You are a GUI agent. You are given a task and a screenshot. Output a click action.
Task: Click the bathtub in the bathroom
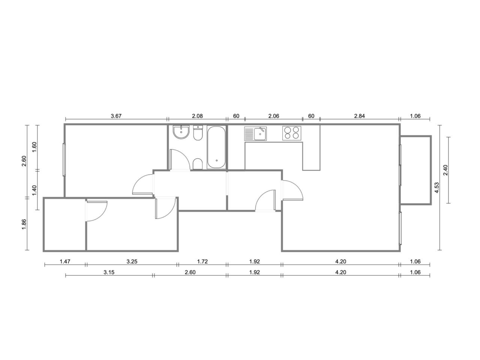216,147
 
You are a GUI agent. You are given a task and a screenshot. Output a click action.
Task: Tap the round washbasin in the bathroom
181,132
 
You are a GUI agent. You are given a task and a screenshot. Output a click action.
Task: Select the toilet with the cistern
198,133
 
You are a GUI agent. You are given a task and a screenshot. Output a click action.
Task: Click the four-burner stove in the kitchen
292,133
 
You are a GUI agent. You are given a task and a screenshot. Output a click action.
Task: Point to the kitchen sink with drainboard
255,133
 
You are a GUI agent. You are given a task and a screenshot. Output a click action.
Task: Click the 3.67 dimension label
116,116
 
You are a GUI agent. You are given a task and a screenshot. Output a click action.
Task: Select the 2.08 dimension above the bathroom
197,116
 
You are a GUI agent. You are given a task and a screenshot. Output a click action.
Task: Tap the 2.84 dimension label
360,116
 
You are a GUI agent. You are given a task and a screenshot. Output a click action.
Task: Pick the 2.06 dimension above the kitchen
274,116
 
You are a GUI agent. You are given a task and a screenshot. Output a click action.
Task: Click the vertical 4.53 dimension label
436,187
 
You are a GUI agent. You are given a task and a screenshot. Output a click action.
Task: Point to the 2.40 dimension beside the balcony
445,170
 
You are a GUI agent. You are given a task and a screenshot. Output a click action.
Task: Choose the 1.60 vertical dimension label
34,147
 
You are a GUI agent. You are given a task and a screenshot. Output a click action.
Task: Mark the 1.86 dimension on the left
24,225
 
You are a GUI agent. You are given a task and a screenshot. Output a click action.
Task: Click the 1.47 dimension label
65,261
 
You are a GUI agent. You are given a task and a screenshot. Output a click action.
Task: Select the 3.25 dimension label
132,261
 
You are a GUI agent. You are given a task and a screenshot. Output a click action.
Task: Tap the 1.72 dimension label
202,261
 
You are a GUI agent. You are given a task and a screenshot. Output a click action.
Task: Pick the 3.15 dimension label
109,272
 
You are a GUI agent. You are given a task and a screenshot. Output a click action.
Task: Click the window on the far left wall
64,160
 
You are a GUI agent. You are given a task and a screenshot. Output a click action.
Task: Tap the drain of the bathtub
217,160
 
